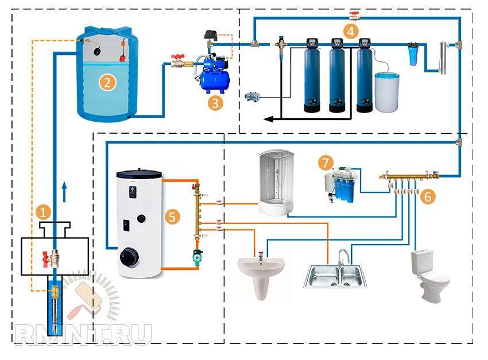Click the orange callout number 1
coord(43,212)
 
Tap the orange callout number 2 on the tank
coord(107,83)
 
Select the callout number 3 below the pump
coord(215,102)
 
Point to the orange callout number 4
coord(351,32)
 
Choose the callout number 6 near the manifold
coord(428,196)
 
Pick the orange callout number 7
coord(326,162)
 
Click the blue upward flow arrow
coord(64,192)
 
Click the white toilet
coord(429,276)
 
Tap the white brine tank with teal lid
coord(387,92)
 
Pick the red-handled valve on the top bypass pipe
coord(354,15)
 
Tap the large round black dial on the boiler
coord(129,257)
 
